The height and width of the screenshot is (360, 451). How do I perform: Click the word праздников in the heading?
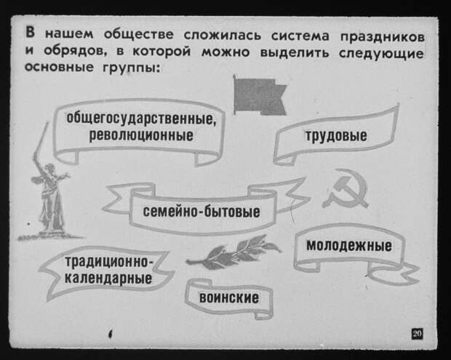[x=382, y=37]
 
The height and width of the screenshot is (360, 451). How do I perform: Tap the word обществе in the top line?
[x=139, y=34]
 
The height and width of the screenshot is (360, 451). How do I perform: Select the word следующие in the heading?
[x=381, y=54]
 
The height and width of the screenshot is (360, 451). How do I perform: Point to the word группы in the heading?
[x=131, y=68]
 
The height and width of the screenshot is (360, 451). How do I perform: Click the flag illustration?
[x=260, y=95]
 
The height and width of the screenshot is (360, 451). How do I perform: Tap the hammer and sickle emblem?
[x=345, y=188]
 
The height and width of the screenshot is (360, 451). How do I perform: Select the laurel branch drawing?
[x=233, y=252]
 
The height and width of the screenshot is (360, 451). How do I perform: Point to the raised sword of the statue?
[x=41, y=140]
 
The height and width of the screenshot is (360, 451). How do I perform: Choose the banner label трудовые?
[x=336, y=136]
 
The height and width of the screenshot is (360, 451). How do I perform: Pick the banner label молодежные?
[x=349, y=246]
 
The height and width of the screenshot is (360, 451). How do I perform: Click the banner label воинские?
[x=229, y=297]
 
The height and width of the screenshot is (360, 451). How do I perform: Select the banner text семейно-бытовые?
[x=201, y=212]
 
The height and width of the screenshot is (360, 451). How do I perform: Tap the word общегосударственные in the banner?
[x=141, y=119]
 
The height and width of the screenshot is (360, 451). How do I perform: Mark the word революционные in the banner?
[x=141, y=135]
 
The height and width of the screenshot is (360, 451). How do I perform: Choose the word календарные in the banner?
[x=108, y=279]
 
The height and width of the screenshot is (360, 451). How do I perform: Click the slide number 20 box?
[x=417, y=334]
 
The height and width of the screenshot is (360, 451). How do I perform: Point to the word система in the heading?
[x=300, y=36]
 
